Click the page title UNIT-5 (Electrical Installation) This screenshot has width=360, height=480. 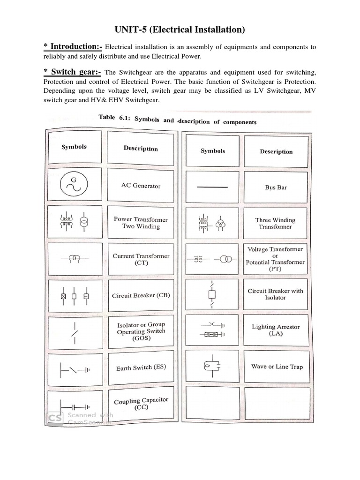point(180,30)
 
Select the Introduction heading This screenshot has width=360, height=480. point(73,46)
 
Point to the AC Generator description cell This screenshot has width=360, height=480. point(141,186)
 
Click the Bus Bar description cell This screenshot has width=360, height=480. point(276,187)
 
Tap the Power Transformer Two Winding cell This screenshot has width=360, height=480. point(140,223)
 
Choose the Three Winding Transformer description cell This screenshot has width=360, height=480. point(276,223)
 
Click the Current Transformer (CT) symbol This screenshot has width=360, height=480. point(74,258)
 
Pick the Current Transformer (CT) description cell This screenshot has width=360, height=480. point(141,260)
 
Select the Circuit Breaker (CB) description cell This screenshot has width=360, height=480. point(141,295)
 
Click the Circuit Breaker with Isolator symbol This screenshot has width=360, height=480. point(212,294)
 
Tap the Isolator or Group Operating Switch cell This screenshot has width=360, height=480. point(141,331)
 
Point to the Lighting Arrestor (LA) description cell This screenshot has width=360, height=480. point(276,330)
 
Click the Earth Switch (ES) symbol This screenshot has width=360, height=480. point(74,370)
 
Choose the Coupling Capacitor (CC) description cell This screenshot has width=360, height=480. point(141,404)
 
